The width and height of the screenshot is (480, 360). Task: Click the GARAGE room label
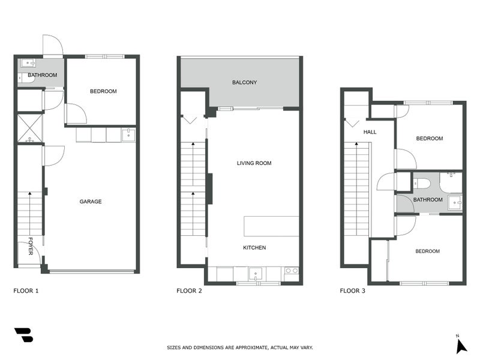click(91, 202)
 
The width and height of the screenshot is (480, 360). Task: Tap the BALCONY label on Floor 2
click(244, 82)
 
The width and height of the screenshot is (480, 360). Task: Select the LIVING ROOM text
click(254, 163)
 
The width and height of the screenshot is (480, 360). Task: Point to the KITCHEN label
click(254, 248)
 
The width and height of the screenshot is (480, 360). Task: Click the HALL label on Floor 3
click(370, 132)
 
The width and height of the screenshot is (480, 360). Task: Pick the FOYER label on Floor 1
click(31, 246)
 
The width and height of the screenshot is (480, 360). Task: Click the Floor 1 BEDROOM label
click(103, 91)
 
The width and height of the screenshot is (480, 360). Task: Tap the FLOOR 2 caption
click(189, 290)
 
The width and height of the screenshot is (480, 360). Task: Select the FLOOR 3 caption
click(353, 290)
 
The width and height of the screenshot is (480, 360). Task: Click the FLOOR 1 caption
click(26, 290)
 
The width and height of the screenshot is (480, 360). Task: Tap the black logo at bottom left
click(23, 335)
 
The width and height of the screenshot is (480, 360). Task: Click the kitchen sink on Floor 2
click(256, 274)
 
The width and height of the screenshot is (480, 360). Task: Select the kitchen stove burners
click(292, 271)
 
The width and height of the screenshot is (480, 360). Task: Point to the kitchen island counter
click(271, 226)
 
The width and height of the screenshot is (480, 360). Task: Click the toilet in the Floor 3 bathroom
click(422, 184)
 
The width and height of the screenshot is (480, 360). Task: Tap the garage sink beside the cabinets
click(128, 135)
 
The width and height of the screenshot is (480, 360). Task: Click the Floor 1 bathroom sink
click(28, 63)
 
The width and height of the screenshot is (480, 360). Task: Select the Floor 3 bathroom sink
click(455, 203)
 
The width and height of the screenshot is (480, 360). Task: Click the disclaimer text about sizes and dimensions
click(240, 347)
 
